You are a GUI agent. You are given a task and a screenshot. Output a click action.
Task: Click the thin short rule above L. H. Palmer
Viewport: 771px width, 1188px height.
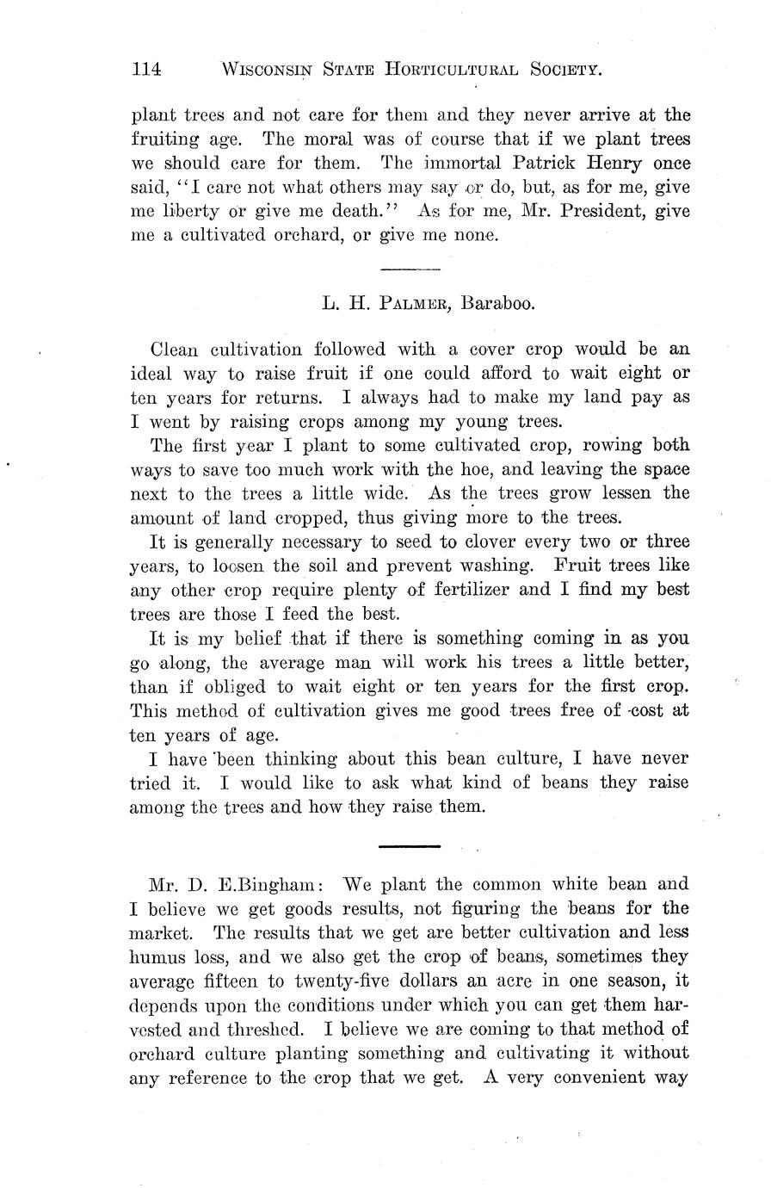[x=410, y=270]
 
